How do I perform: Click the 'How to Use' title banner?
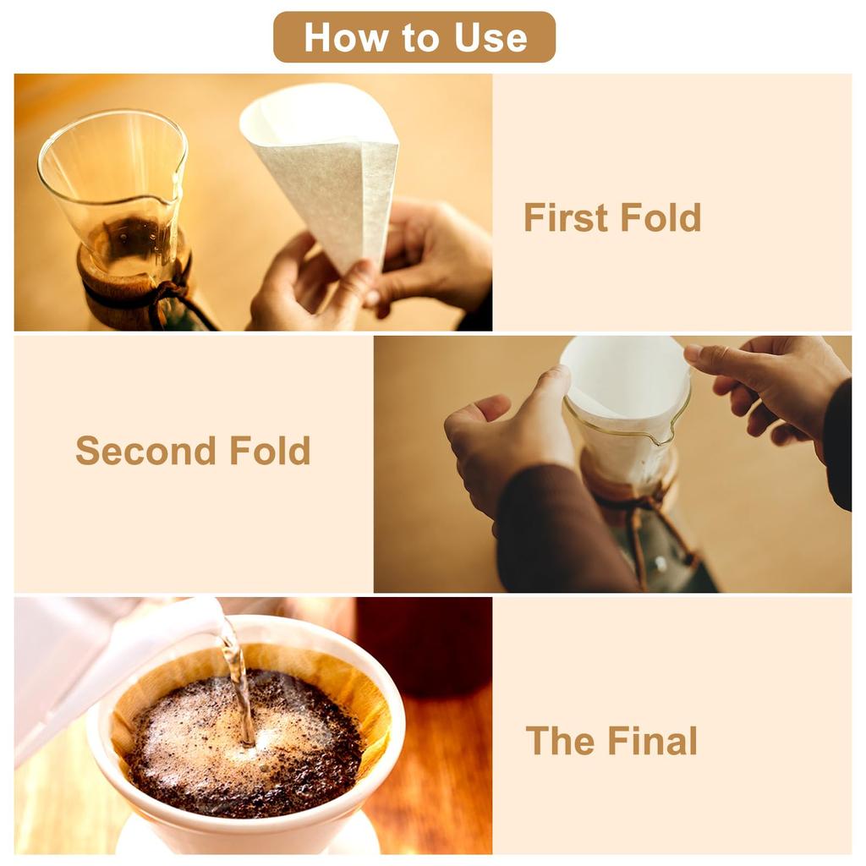coord(414,37)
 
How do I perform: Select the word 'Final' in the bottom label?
coord(652,741)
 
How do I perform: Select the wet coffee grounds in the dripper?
coord(245,744)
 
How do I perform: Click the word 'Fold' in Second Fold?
coord(270,450)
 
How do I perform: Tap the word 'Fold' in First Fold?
coord(660,217)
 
